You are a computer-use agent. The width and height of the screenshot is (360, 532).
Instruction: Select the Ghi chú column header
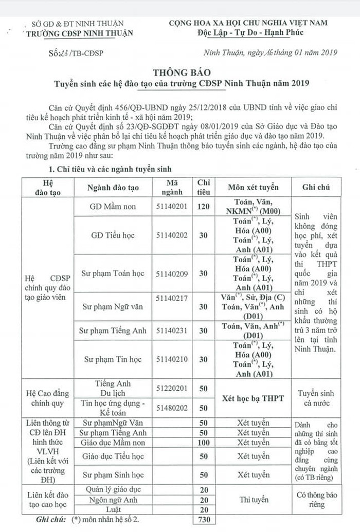tap(316, 187)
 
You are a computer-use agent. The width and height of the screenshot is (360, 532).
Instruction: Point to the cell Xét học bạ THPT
tap(253, 398)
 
